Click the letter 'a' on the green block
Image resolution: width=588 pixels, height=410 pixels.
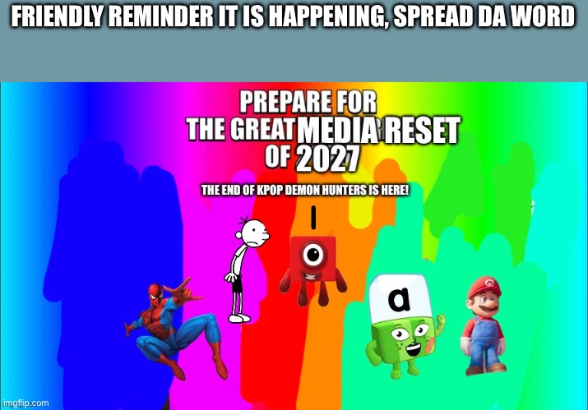399,299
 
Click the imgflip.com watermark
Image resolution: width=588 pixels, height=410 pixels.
26,403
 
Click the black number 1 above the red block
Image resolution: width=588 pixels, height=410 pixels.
313,219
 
